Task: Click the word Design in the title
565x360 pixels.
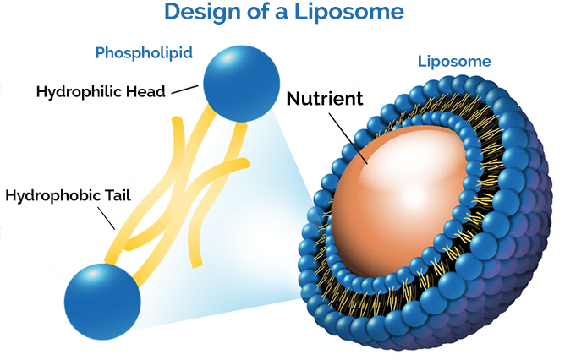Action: click(202, 12)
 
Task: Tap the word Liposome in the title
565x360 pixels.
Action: click(349, 12)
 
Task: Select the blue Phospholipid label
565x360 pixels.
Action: click(144, 53)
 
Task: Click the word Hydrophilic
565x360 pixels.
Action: click(83, 92)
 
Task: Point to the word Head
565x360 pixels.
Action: click(149, 91)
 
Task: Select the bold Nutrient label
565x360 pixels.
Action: click(325, 99)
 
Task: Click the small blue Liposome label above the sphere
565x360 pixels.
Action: click(454, 62)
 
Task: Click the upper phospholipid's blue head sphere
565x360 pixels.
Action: click(241, 84)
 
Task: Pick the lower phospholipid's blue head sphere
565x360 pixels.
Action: click(102, 302)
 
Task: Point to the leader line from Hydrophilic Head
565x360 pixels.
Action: click(185, 90)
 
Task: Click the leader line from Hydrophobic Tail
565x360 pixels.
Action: click(107, 218)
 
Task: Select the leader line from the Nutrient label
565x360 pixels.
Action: click(348, 139)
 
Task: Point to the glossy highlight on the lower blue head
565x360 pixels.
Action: click(91, 275)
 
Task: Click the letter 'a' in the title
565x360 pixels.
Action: click(282, 14)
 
